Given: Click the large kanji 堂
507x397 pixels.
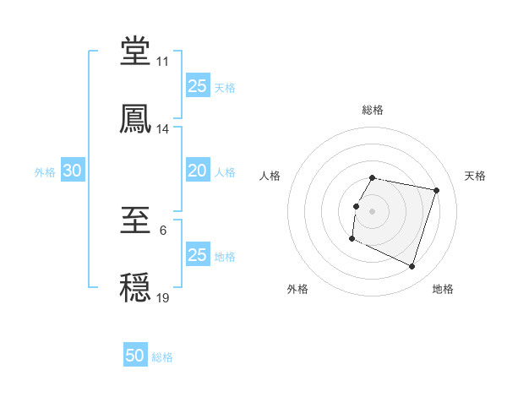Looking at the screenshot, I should [135, 52].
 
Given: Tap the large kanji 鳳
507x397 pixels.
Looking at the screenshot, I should [135, 119].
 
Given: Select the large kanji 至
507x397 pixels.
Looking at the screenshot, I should [135, 222].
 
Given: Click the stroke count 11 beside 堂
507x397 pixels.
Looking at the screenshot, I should [162, 62].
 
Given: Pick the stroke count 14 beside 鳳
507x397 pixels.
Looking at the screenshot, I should [162, 129].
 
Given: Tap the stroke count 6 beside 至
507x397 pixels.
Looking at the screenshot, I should [162, 231].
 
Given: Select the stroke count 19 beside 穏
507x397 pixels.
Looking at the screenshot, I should [162, 298].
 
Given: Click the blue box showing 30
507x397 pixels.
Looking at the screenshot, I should [72, 171].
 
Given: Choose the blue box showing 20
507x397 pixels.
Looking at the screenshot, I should [197, 171].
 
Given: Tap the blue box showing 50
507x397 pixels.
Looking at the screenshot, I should [135, 356].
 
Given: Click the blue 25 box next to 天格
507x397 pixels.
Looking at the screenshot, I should [197, 85].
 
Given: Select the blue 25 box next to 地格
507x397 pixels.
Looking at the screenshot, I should [197, 255].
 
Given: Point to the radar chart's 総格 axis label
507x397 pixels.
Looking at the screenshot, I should [373, 110].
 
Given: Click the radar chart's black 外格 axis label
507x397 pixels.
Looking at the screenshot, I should [297, 289].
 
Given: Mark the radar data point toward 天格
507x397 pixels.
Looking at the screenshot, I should [436, 191].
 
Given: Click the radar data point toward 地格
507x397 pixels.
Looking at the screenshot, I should [412, 267].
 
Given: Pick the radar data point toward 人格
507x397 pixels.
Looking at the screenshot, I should [356, 206].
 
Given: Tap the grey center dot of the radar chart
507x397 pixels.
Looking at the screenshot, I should [373, 210].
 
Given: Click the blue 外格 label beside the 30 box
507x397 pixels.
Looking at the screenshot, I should [45, 171].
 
